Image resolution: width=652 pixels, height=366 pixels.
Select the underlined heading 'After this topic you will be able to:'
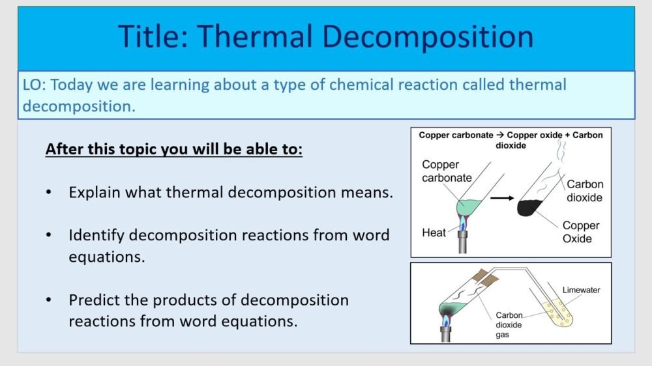pos(174,149)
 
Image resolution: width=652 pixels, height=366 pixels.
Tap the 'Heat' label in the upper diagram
pos(434,232)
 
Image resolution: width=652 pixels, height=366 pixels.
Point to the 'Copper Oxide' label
pos(580,232)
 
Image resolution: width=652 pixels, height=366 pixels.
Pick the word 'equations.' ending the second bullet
pos(106,257)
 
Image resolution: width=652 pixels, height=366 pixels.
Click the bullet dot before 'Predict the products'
pos(50,301)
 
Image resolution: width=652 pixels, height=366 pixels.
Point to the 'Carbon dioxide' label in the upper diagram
pos(584,191)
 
